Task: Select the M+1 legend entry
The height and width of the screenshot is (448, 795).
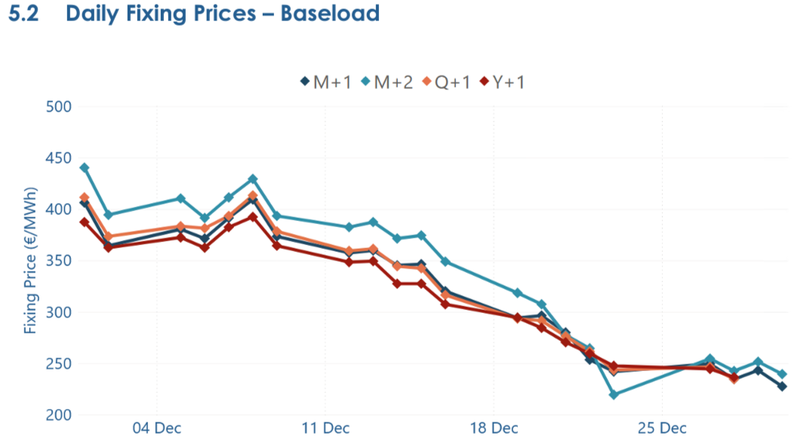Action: [x=326, y=81]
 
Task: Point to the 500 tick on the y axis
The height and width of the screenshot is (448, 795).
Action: [x=57, y=106]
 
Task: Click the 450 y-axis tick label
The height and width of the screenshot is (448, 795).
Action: [x=57, y=158]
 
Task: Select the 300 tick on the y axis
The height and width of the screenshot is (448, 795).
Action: [x=57, y=312]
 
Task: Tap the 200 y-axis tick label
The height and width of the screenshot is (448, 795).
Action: [x=57, y=415]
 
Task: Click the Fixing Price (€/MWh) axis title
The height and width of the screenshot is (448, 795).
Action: [x=30, y=261]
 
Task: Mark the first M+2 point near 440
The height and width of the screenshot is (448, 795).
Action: [x=85, y=167]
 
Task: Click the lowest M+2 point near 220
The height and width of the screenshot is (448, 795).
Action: [x=614, y=394]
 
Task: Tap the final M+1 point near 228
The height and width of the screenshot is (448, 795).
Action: [x=782, y=386]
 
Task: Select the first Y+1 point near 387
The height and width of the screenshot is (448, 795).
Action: [x=85, y=222]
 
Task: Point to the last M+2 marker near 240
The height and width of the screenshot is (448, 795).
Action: [x=782, y=374]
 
